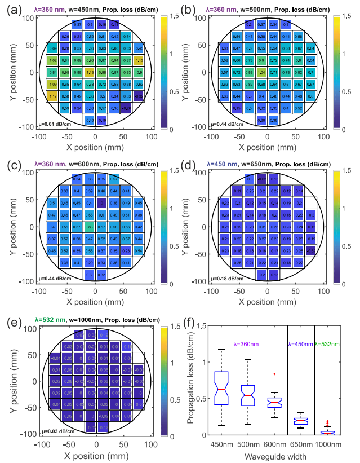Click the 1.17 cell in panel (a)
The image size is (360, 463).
(x=53, y=96)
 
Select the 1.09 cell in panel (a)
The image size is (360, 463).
(x=53, y=84)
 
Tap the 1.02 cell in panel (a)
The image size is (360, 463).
(x=53, y=60)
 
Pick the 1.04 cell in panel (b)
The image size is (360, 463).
(x=261, y=72)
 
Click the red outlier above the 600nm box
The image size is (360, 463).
(x=274, y=374)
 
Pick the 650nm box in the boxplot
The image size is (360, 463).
(x=300, y=421)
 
